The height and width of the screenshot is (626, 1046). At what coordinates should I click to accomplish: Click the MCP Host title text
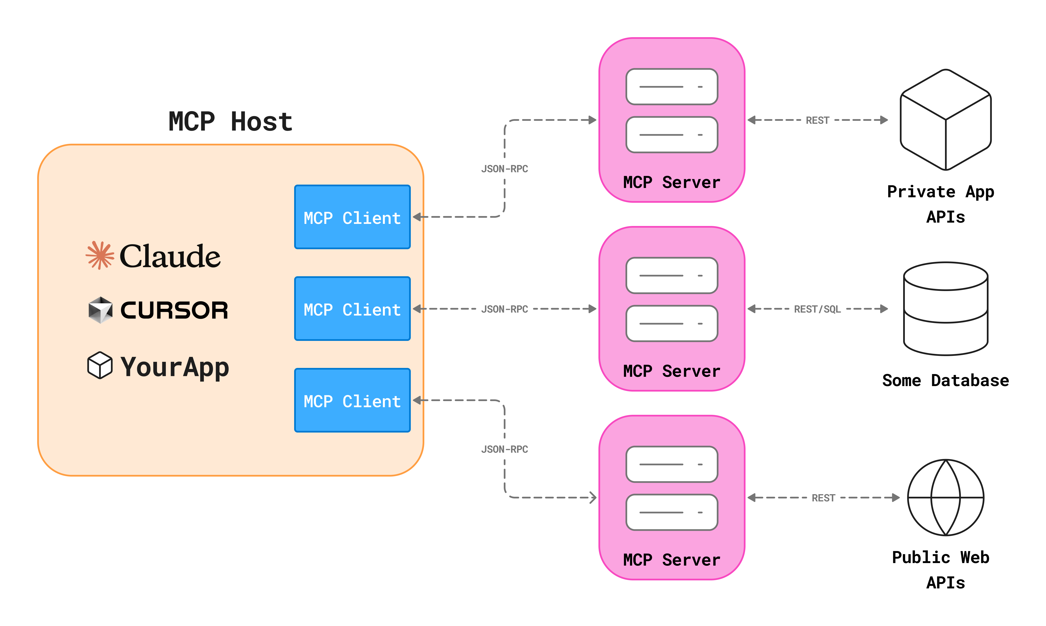pyautogui.click(x=230, y=122)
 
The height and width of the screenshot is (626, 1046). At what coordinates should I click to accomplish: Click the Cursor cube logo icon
pyautogui.click(x=100, y=310)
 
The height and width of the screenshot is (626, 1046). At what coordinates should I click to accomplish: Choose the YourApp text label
pyautogui.click(x=175, y=367)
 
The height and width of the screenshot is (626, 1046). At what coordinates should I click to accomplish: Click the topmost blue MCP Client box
pyautogui.click(x=352, y=217)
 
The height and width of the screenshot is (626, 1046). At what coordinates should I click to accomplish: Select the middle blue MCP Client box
pyautogui.click(x=352, y=309)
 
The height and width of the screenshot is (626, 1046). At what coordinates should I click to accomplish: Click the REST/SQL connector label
pyautogui.click(x=817, y=309)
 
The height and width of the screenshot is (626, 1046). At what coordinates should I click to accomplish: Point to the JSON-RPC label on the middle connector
pyautogui.click(x=505, y=309)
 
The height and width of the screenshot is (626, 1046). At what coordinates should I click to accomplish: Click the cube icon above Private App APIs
pyautogui.click(x=946, y=120)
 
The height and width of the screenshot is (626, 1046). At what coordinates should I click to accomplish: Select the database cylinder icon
pyautogui.click(x=946, y=309)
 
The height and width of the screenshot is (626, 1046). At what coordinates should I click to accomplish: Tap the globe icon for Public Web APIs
pyautogui.click(x=946, y=498)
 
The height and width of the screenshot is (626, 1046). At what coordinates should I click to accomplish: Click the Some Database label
pyautogui.click(x=946, y=381)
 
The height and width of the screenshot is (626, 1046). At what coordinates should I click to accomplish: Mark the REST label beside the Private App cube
pyautogui.click(x=817, y=120)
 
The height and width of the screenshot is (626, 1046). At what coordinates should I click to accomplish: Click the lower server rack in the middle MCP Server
pyautogui.click(x=672, y=324)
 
